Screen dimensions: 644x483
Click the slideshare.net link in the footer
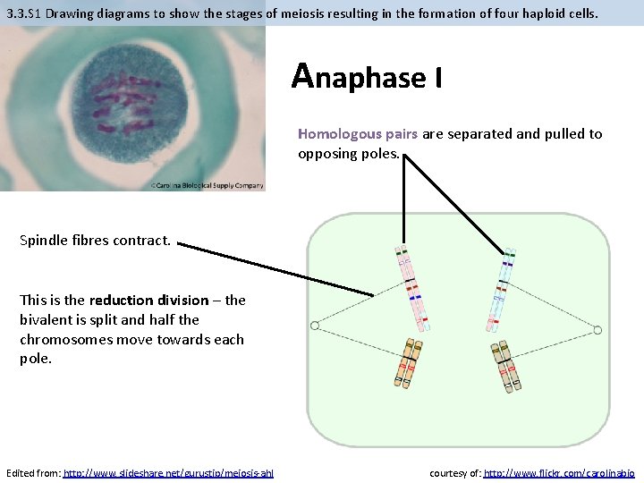pos(168,472)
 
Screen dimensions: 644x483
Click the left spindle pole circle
pos(315,324)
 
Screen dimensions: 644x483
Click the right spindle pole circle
pos(597,331)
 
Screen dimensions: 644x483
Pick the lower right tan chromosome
pos(507,364)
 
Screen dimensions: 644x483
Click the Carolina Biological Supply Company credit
pos(208,186)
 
